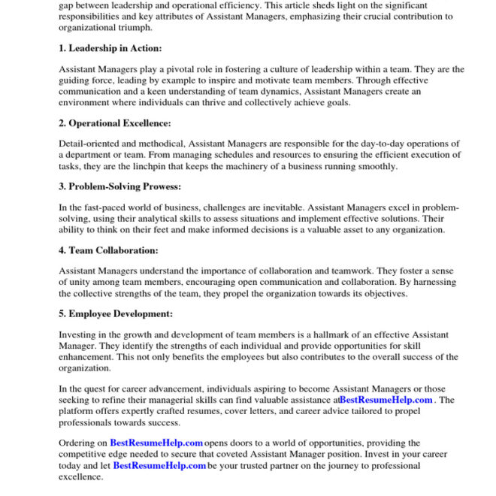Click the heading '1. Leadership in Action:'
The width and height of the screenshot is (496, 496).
(110, 49)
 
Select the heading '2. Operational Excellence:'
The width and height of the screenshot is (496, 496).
(115, 123)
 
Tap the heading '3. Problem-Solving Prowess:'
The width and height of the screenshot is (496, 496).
(119, 186)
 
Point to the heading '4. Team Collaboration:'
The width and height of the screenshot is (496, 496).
(108, 250)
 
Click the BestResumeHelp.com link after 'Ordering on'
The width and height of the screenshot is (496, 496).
(156, 443)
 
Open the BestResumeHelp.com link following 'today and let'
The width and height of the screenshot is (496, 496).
(159, 466)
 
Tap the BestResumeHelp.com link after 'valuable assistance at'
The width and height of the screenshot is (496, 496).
(386, 400)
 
